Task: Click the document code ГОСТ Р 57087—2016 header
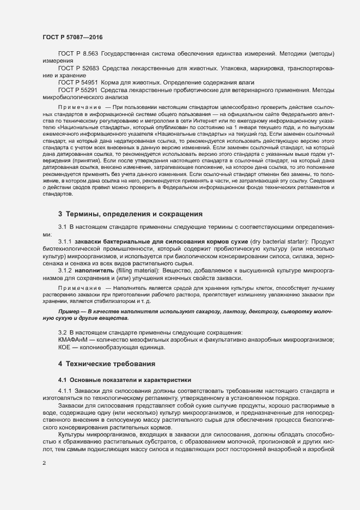(71, 37)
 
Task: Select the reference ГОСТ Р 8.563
(77, 55)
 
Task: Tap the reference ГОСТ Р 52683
(78, 68)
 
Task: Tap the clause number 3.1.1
(66, 241)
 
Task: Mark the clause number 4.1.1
(66, 392)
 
